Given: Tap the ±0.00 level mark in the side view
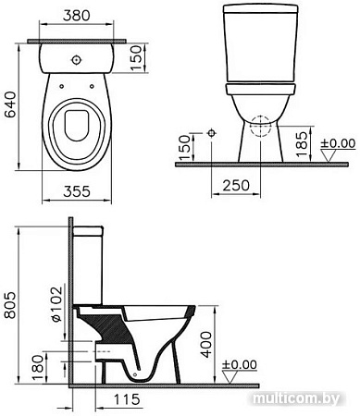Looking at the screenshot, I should [x=243, y=364].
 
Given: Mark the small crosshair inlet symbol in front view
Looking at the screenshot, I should [x=212, y=134].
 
